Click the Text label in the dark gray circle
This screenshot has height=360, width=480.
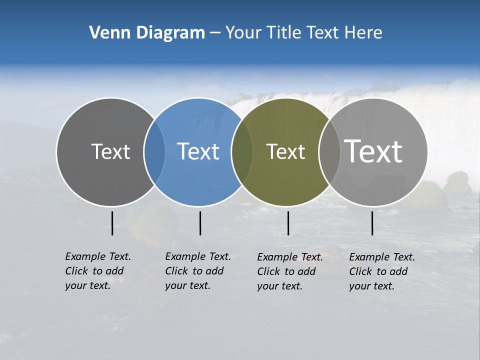coord(110,151)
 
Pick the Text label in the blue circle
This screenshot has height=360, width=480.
coord(198,151)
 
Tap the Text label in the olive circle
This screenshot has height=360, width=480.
coord(285,151)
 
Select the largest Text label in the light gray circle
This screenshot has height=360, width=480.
coord(373,151)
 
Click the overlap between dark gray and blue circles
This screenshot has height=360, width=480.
coord(154,151)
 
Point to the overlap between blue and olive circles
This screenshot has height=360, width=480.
coord(242,151)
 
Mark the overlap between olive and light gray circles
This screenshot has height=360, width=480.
coord(329,151)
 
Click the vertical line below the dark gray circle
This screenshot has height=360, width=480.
coord(112,223)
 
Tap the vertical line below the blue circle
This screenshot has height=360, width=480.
coord(200,223)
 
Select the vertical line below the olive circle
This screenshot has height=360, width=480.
coord(288,223)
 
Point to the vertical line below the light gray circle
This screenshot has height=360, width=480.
coord(372,223)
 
